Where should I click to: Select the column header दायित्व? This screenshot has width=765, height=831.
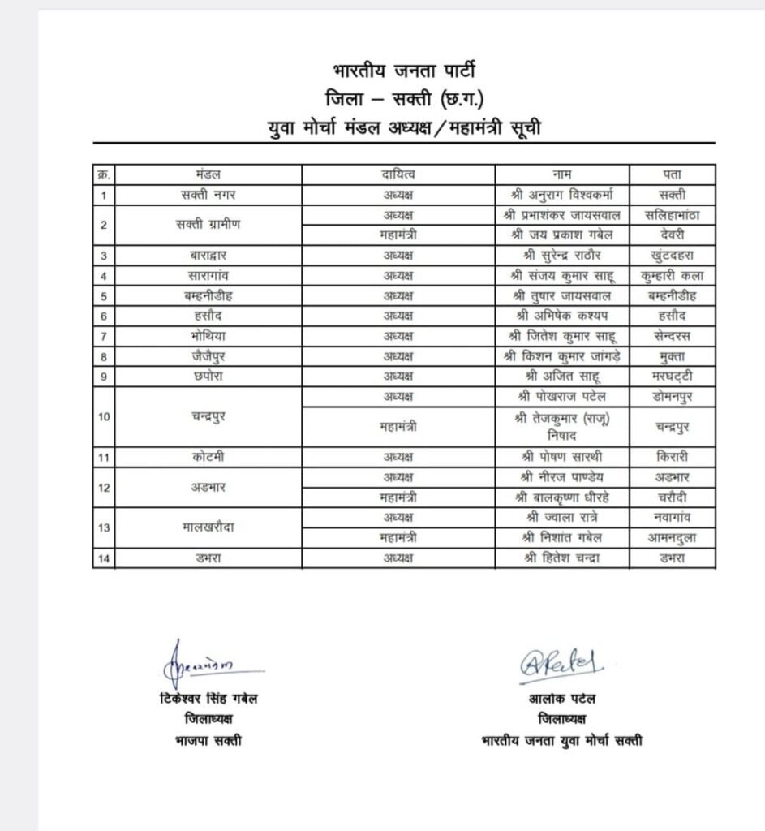pyautogui.click(x=398, y=174)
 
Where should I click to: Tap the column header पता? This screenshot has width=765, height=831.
pyautogui.click(x=672, y=174)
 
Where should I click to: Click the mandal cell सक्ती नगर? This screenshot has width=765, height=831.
pyautogui.click(x=208, y=195)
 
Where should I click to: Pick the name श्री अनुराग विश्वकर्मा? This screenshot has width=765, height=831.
pyautogui.click(x=561, y=195)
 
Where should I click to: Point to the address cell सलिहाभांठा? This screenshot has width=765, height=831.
pyautogui.click(x=672, y=215)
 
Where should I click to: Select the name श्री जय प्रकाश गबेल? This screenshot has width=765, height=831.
pyautogui.click(x=561, y=235)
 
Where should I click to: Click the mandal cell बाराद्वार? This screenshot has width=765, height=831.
pyautogui.click(x=208, y=256)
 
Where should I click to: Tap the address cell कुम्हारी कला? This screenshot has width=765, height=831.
pyautogui.click(x=672, y=275)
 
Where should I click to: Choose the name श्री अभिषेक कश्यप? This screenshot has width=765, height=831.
pyautogui.click(x=561, y=316)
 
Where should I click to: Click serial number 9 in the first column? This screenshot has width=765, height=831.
pyautogui.click(x=104, y=377)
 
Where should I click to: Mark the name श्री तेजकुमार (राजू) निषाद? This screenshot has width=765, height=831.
pyautogui.click(x=561, y=426)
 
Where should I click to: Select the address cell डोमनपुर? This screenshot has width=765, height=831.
pyautogui.click(x=672, y=397)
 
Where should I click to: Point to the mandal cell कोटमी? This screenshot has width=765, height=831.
pyautogui.click(x=208, y=457)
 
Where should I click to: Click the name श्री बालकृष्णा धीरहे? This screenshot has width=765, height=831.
pyautogui.click(x=561, y=497)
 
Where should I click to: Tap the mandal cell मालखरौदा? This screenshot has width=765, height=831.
pyautogui.click(x=208, y=527)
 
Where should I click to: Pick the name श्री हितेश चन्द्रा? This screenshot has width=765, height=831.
pyautogui.click(x=561, y=558)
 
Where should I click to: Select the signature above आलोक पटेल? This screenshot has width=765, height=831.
pyautogui.click(x=562, y=664)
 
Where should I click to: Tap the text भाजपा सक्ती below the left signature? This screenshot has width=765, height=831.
pyautogui.click(x=208, y=740)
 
